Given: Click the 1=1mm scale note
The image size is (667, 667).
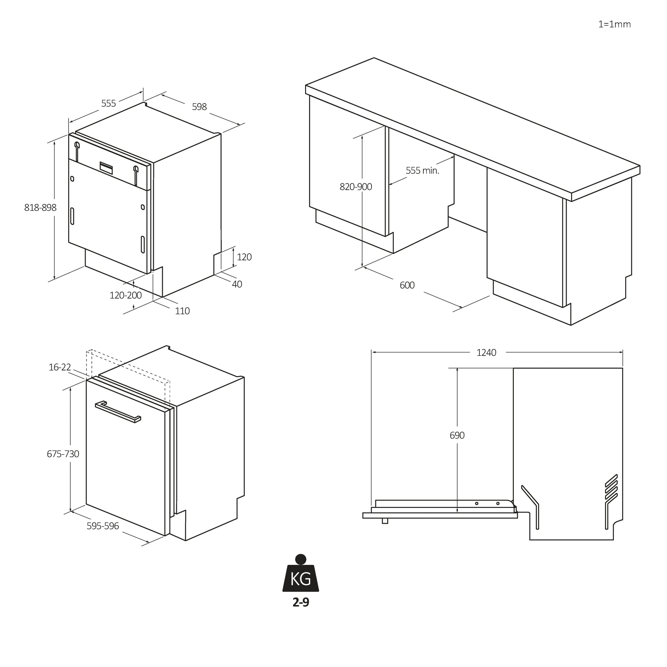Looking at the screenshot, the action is click(x=615, y=25).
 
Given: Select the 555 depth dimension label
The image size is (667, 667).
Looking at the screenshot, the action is click(x=108, y=104).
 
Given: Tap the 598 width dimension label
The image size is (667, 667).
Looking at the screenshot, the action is click(x=199, y=107).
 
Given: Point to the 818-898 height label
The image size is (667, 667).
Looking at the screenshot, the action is click(x=40, y=207).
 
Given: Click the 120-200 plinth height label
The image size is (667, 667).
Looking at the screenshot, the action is click(x=126, y=295).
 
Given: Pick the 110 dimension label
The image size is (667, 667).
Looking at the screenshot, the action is click(x=182, y=311).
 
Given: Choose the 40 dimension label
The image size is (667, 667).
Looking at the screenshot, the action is click(x=237, y=284).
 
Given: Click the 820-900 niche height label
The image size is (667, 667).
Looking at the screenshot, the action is click(x=355, y=187).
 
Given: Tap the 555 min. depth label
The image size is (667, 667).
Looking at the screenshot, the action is click(x=422, y=171).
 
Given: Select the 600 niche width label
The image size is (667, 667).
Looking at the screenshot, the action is click(x=407, y=285).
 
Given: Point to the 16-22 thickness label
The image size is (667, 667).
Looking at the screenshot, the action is click(x=60, y=367).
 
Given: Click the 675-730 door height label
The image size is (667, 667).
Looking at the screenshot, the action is click(x=63, y=454).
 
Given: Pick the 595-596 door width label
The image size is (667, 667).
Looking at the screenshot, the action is click(x=102, y=526).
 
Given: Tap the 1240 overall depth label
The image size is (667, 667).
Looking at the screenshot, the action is click(x=486, y=352).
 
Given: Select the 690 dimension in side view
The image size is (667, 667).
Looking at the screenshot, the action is click(x=457, y=435).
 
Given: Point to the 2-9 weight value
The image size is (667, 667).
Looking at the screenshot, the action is click(x=301, y=603).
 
